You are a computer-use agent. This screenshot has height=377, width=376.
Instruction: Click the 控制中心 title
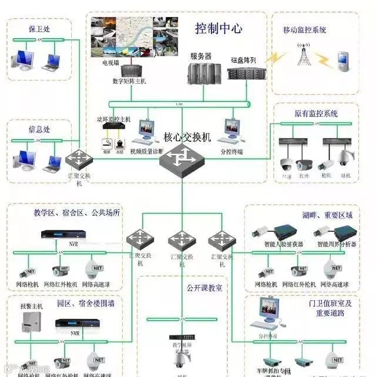pos(219,28)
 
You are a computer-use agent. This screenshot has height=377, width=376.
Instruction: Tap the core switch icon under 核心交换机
pos(182,157)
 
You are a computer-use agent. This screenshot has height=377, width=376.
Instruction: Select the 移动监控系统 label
pos(304,30)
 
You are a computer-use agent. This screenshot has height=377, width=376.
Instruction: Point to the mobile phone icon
pos(342,59)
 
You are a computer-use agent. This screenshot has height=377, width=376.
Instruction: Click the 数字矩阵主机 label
pos(125,81)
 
